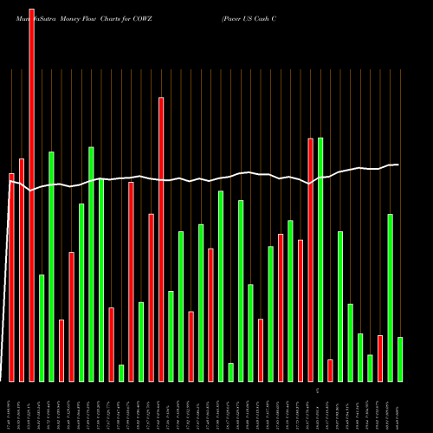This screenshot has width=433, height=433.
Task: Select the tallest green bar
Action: coord(320,260)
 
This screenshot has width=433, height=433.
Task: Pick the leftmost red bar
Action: coord(12,277)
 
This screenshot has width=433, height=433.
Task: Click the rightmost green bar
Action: coord(400,359)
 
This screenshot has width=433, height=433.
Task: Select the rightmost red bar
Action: coord(380,358)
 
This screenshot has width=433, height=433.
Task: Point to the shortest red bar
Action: coord(330,370)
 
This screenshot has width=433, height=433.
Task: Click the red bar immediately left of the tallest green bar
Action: coord(311,260)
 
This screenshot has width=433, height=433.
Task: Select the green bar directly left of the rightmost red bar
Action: coord(370,368)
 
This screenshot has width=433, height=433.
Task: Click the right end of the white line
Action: coord(397,165)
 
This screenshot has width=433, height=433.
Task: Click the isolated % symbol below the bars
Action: coord(318,391)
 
